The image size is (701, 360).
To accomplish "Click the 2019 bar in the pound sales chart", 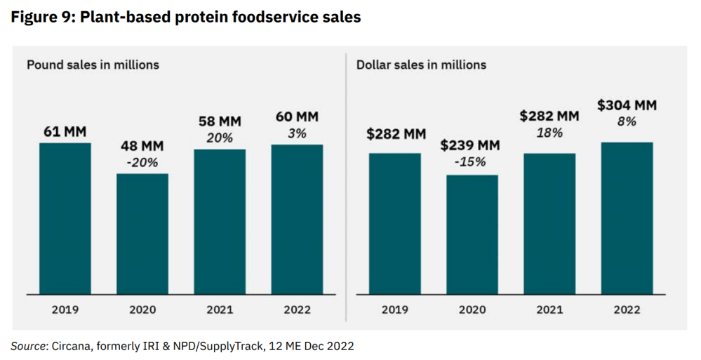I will click(x=65, y=218).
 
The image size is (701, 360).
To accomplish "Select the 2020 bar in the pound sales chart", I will click(x=142, y=234).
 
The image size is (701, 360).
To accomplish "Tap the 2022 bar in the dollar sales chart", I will click(x=627, y=218).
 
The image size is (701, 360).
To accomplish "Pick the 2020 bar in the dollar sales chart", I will click(x=472, y=234).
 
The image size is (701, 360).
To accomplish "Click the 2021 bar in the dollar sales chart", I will click(x=549, y=223).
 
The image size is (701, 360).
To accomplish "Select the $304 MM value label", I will click(x=627, y=105).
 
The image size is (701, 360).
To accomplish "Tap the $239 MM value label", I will click(x=472, y=146).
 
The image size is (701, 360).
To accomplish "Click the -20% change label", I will click(x=142, y=163).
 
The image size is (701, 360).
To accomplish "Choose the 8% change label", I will click(x=627, y=121).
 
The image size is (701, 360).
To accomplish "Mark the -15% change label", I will click(x=472, y=161).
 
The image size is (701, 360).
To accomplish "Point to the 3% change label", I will click(x=298, y=133).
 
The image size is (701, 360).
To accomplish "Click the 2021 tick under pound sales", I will click(x=220, y=309).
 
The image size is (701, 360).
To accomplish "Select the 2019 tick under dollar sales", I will click(x=395, y=309).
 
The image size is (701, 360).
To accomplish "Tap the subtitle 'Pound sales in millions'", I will click(x=93, y=65).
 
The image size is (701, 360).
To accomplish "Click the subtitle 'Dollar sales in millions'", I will click(x=421, y=65).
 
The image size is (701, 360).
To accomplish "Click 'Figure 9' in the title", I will click(x=40, y=18).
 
